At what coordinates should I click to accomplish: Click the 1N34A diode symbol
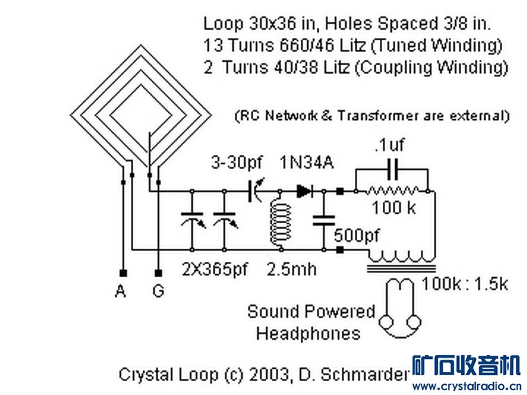[304, 191]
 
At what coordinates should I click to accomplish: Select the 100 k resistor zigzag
[392, 191]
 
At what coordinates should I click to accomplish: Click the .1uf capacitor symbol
[392, 169]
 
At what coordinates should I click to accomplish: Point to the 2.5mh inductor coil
[280, 220]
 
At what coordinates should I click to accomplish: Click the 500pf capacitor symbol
[323, 220]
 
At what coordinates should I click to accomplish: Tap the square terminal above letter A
[123, 273]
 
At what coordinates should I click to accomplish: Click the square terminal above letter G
[158, 273]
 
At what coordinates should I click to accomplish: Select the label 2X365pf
[214, 270]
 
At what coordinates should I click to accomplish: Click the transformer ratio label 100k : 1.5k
[465, 284]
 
